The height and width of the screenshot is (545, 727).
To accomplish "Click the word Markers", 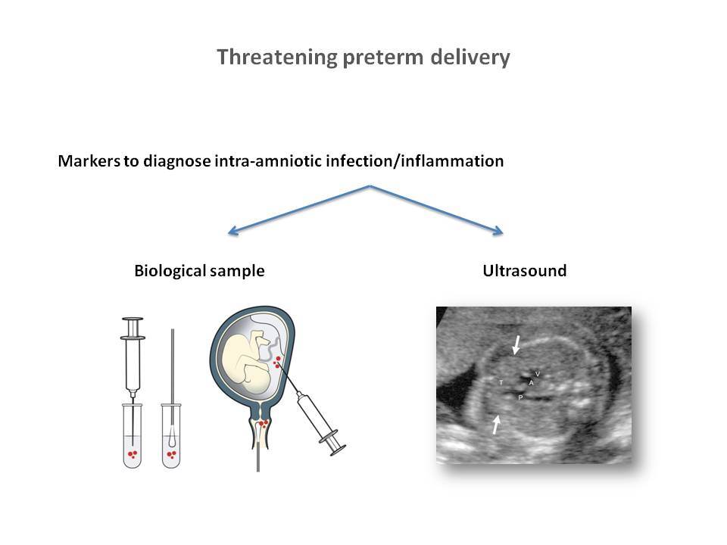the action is pos(89,160).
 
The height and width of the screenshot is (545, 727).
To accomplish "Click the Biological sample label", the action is pos(199,271).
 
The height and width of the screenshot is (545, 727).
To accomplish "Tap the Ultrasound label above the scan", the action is pos(524,271).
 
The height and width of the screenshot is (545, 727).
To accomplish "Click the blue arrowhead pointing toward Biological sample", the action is pos(233,231).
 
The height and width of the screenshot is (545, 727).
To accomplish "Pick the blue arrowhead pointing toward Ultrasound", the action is pos(498,230).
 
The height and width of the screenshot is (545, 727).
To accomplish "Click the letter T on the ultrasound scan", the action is pos(501,382).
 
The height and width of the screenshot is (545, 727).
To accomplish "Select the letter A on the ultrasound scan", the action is pos(532,383).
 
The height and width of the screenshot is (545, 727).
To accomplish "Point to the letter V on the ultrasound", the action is pos(538,373).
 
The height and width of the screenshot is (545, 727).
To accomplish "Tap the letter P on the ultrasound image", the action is pos(520,397).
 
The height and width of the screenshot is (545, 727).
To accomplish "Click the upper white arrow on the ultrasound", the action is pos(516,345).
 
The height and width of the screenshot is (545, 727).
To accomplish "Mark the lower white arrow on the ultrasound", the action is pos(496,425).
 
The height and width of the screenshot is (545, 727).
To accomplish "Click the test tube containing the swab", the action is pos(171,436).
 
